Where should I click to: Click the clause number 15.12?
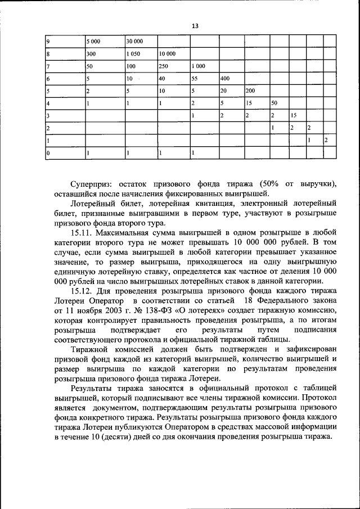[82, 290]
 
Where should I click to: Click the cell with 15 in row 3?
[294, 115]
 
